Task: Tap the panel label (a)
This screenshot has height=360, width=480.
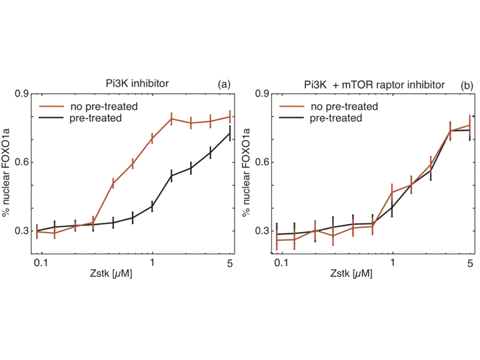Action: [x=223, y=84]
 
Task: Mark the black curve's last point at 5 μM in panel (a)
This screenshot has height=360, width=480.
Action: [x=230, y=133]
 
